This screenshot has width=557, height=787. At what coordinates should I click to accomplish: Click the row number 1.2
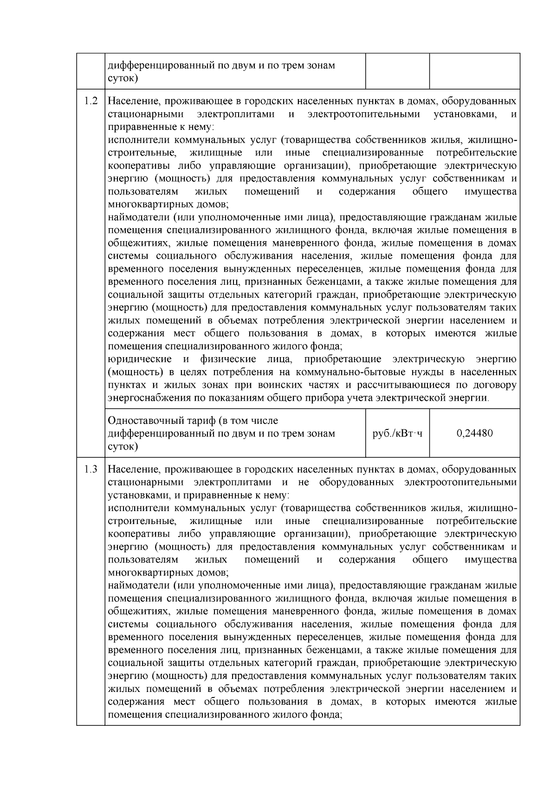[x=91, y=101]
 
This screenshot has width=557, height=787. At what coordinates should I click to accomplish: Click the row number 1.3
[x=91, y=469]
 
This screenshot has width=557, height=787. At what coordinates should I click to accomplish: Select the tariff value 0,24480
[x=474, y=433]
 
